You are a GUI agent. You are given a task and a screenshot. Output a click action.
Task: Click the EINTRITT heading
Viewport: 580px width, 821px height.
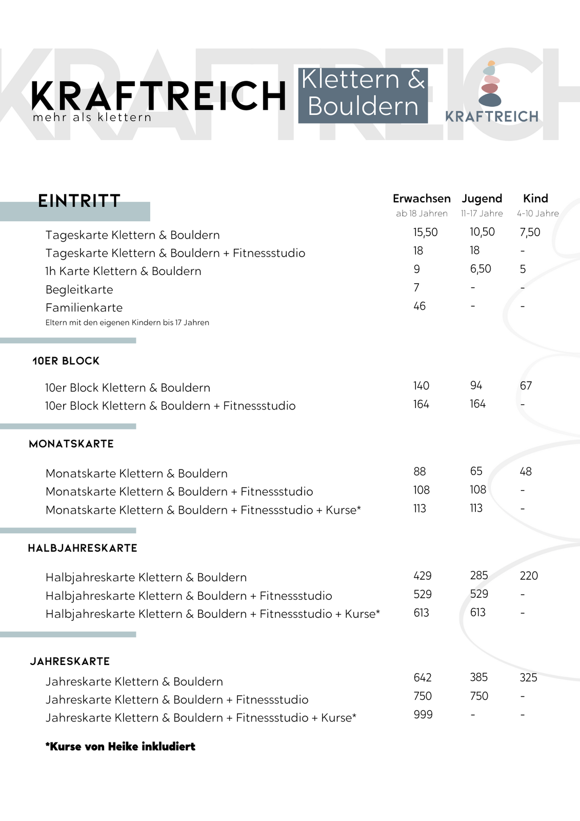(79, 201)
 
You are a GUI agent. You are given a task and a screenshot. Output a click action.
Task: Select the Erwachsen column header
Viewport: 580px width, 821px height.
(422, 199)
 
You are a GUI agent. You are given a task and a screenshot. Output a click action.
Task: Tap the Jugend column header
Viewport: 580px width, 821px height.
(482, 199)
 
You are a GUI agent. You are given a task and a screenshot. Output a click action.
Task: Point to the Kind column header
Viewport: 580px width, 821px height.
(535, 199)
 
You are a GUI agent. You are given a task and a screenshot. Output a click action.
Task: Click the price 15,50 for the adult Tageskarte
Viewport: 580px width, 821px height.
(425, 232)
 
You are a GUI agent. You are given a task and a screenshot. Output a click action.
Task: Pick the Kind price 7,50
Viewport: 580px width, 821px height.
(530, 232)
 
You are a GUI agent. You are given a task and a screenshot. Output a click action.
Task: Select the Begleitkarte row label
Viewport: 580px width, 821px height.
(79, 289)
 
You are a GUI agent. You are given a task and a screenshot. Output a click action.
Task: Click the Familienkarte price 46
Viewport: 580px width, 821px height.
(419, 306)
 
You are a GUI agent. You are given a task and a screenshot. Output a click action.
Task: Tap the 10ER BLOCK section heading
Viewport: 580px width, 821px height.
(66, 361)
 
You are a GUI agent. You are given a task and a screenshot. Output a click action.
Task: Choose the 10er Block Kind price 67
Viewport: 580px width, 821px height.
(526, 386)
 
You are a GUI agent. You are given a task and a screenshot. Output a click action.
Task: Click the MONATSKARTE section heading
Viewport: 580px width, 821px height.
(71, 444)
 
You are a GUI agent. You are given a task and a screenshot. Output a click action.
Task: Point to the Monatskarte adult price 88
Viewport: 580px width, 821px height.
(419, 472)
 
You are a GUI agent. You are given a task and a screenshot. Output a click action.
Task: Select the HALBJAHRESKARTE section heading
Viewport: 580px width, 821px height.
(83, 548)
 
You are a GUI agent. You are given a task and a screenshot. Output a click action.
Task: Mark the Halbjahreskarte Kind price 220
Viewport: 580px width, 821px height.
(529, 576)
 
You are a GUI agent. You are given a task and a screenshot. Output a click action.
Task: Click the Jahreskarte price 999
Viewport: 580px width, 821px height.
(423, 715)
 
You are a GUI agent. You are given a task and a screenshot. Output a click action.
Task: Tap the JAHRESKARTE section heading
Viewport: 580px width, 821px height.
(70, 661)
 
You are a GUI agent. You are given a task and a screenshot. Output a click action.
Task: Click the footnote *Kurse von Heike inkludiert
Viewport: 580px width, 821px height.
(120, 747)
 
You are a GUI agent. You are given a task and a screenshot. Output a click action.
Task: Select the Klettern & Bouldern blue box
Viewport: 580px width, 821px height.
(363, 95)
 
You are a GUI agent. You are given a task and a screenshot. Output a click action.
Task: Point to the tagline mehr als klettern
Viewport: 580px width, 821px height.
(92, 118)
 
